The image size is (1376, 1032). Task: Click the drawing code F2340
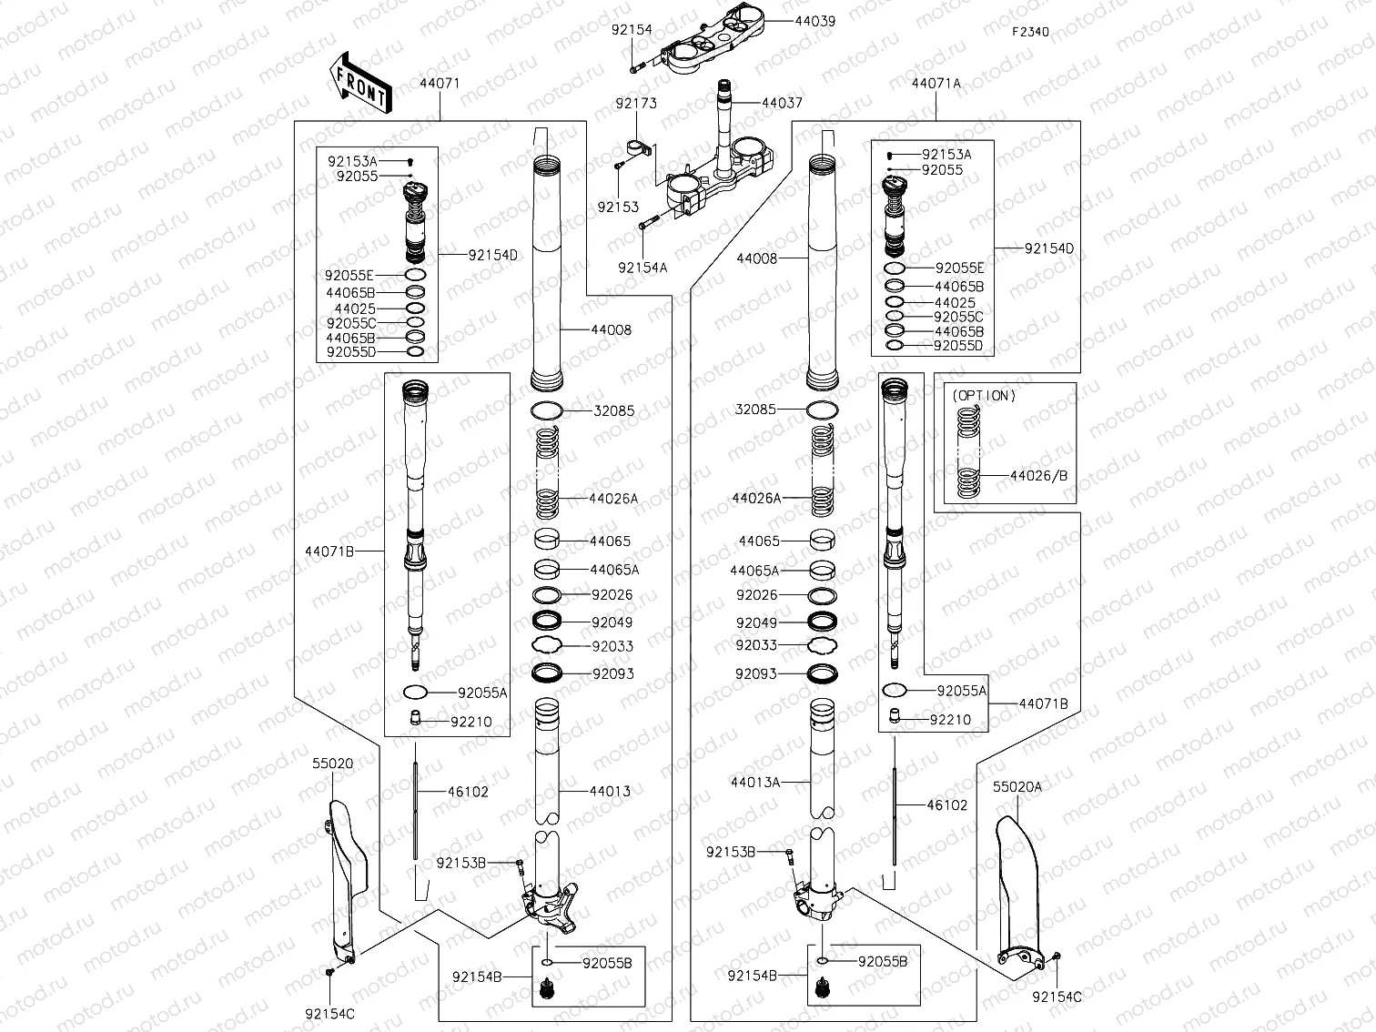click(x=1031, y=32)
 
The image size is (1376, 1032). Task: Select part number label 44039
click(x=814, y=20)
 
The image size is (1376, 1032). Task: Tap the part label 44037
click(x=782, y=103)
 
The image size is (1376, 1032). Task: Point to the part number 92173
click(x=635, y=104)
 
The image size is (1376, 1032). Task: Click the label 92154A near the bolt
click(x=642, y=268)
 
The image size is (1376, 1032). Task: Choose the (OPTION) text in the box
click(x=984, y=396)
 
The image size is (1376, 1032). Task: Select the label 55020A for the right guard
click(x=1017, y=787)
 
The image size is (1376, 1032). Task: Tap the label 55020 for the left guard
click(x=332, y=764)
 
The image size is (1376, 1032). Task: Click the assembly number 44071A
click(x=936, y=83)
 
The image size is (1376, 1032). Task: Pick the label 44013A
click(x=754, y=782)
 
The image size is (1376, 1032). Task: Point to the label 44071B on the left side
click(x=329, y=551)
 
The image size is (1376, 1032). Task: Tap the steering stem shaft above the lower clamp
click(x=726, y=118)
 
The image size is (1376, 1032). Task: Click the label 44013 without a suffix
click(x=610, y=792)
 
